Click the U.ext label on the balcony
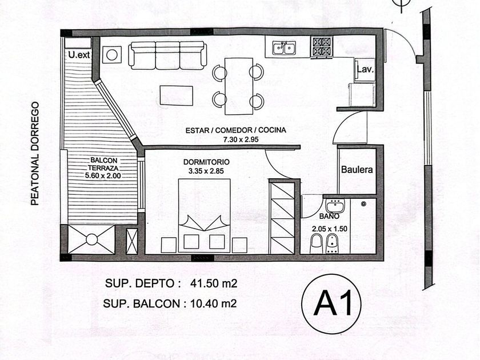79,55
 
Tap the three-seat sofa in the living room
167,55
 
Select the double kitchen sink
284,48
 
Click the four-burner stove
321,47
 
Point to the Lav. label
365,69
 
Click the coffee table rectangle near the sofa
177,95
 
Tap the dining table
239,86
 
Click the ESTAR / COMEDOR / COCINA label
235,130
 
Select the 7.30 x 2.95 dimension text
241,139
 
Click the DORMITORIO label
206,162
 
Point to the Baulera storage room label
357,170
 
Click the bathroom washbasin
335,205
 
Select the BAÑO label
329,216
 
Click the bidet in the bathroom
333,243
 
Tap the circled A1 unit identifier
331,304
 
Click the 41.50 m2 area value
214,283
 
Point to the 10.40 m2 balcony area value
213,303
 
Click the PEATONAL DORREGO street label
35,154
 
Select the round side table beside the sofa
112,55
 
